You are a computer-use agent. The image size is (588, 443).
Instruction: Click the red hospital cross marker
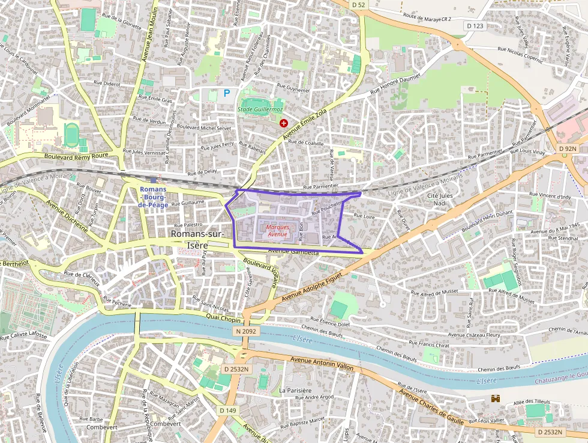pos(284,123)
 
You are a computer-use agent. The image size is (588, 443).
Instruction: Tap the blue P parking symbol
pos(227,93)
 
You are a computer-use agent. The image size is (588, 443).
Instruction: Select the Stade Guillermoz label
pos(260,109)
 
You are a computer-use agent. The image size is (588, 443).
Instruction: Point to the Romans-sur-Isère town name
pos(197,239)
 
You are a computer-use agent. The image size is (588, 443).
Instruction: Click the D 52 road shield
pos(358,4)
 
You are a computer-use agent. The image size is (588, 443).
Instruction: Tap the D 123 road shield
pos(475,26)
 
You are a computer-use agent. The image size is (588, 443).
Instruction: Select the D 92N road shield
pos(567,148)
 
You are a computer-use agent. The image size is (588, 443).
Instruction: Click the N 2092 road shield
pos(246,331)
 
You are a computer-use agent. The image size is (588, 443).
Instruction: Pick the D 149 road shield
pos(227,410)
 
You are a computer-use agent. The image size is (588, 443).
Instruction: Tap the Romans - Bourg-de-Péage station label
pos(153,197)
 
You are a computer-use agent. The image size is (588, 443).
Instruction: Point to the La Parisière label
pos(295,390)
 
